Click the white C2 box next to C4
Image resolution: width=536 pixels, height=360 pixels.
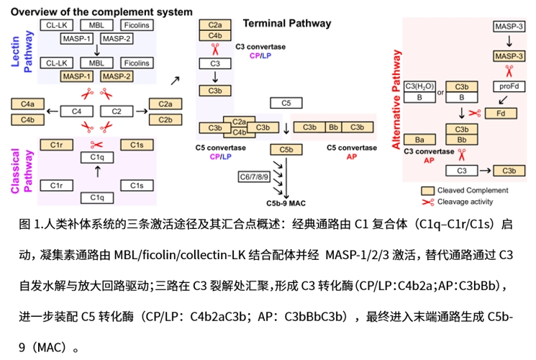[115, 112]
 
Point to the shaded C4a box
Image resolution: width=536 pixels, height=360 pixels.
[28, 104]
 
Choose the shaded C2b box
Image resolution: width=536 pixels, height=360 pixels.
[164, 119]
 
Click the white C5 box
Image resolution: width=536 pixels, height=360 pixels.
[286, 103]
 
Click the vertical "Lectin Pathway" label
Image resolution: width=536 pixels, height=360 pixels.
[24, 49]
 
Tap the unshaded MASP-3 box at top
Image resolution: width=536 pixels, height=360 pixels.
[509, 27]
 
